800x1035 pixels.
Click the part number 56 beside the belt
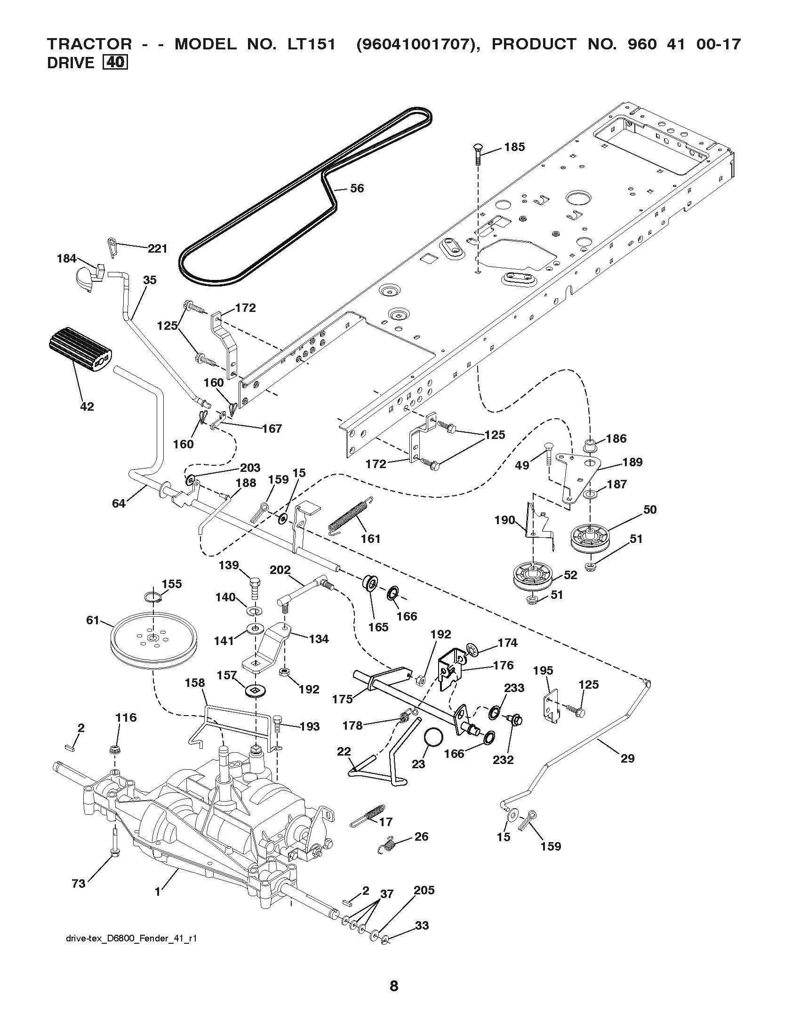click(357, 188)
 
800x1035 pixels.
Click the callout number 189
click(632, 462)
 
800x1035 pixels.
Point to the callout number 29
click(627, 758)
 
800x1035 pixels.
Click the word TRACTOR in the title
click(89, 44)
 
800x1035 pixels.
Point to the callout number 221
click(157, 248)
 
